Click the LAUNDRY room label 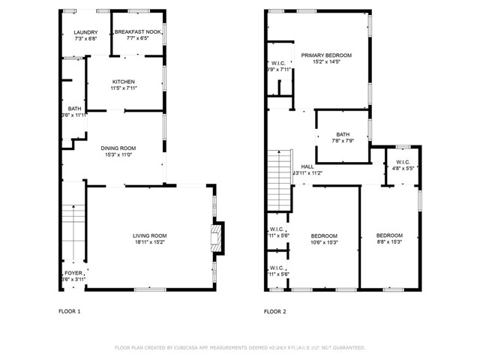pos(85,31)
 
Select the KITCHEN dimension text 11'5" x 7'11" pos(124,88)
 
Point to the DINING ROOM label pos(118,148)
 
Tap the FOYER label pos(73,273)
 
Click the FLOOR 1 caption pos(70,311)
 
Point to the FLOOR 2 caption pos(275,311)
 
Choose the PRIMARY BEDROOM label pos(326,55)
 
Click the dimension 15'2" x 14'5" pos(326,62)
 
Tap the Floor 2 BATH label pos(343,134)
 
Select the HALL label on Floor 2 pos(307,166)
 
